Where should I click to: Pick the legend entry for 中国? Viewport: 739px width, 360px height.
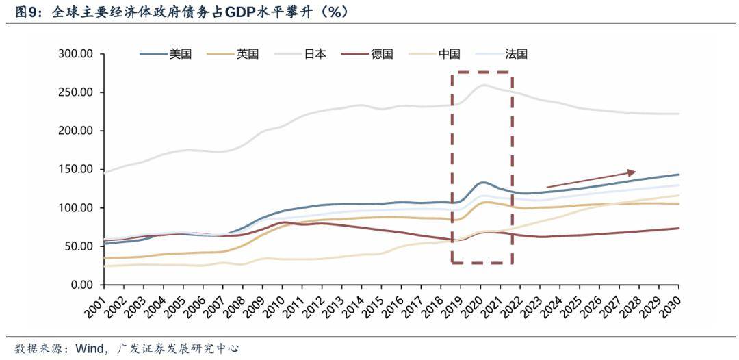pos(450,54)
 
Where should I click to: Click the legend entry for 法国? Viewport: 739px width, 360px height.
pos(517,54)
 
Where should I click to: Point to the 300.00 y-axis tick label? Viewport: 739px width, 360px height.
pos(77,54)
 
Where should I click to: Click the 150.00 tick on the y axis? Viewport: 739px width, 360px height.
pos(77,170)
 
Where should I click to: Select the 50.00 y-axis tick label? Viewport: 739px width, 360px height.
pos(79,246)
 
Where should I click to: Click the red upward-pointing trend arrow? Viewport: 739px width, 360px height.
pos(591,179)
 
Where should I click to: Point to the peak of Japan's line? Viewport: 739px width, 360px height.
pos(484,86)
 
